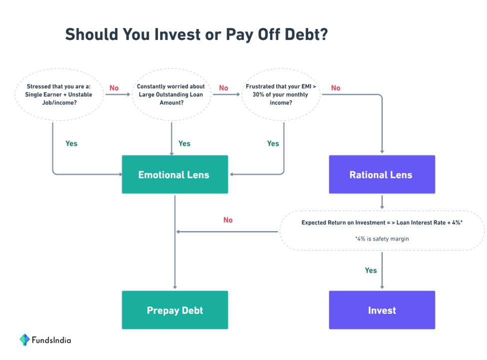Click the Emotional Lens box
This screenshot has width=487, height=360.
[175, 174]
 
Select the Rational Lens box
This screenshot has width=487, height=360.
[382, 174]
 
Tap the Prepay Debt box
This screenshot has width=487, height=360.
[175, 310]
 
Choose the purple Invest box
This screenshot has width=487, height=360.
[382, 310]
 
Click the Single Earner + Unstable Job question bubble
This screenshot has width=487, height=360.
[59, 94]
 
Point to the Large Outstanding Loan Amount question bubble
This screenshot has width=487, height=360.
[171, 94]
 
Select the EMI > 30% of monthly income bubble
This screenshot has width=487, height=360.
[281, 94]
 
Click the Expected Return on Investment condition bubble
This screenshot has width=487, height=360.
[382, 231]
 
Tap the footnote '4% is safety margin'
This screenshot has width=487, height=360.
[382, 239]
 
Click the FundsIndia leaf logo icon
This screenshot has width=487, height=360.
[24, 340]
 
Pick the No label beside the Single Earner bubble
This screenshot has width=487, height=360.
[114, 88]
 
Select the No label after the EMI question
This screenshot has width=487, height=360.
[336, 88]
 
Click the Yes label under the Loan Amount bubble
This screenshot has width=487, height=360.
[184, 143]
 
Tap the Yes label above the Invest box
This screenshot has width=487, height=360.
[371, 270]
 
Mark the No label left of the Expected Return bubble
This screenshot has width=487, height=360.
[228, 220]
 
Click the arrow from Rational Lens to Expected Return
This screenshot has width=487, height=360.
[382, 202]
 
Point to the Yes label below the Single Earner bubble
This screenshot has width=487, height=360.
[71, 143]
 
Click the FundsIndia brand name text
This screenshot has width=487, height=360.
[51, 340]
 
